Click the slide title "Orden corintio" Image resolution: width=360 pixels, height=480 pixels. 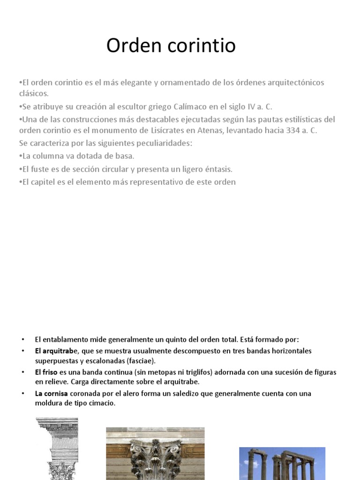point(171,45)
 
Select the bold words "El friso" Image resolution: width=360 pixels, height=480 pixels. point(46,372)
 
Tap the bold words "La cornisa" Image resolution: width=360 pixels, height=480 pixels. point(52,393)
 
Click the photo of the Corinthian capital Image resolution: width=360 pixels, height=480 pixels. point(155,453)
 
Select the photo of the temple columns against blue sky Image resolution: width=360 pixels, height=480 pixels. point(282,463)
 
